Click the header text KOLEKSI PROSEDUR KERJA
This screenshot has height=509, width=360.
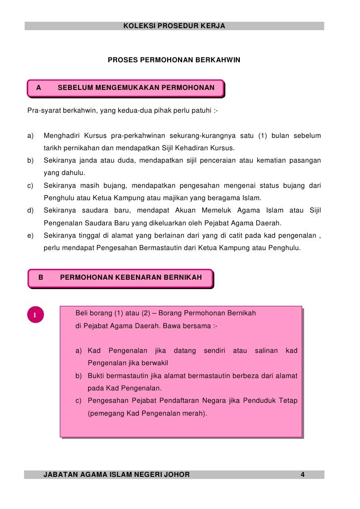click(x=174, y=25)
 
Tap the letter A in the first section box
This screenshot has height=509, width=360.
click(x=38, y=88)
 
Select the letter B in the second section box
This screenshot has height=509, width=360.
click(x=41, y=278)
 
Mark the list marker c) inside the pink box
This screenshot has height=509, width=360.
click(x=79, y=400)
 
